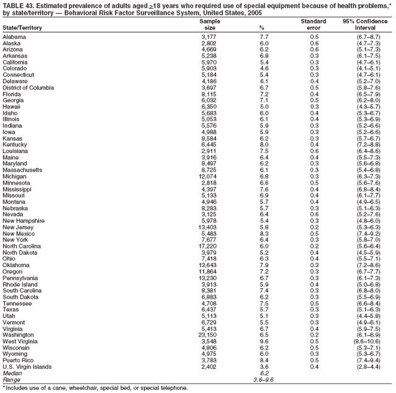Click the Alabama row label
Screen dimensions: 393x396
[14, 37]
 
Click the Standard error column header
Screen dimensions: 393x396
[313, 24]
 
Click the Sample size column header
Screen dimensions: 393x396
[209, 24]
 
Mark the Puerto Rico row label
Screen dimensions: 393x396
[17, 359]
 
